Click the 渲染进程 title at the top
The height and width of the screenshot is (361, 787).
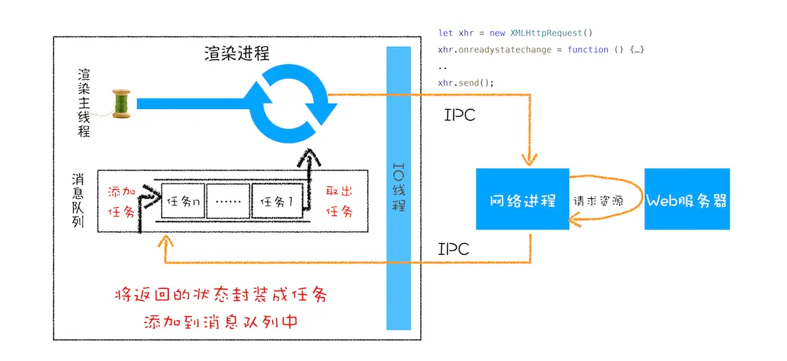point(236,53)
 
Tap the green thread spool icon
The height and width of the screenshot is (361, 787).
point(121,104)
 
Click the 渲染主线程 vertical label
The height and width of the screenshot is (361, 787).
point(84,103)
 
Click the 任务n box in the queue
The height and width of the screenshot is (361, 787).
point(183,203)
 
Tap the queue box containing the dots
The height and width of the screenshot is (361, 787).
point(229,203)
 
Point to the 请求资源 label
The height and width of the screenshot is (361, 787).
point(598,202)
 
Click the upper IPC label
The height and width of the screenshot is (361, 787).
point(460,115)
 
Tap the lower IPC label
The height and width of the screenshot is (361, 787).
point(453,248)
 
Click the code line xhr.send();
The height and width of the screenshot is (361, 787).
point(466,83)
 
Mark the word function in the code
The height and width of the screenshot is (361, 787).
point(588,50)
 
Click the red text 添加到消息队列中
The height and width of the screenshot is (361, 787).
point(221,321)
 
